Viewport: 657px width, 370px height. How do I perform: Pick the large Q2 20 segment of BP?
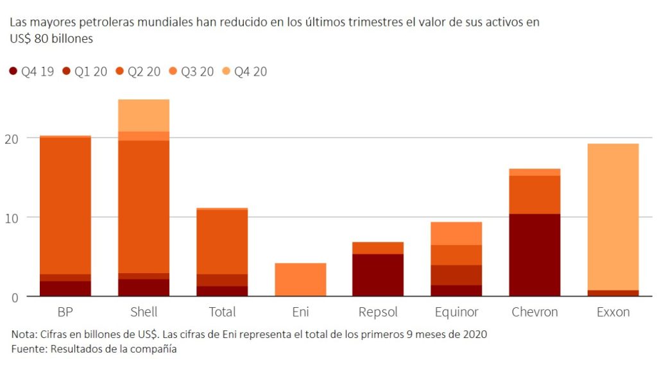(x=65, y=205)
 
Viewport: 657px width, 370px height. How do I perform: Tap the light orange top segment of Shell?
(x=144, y=115)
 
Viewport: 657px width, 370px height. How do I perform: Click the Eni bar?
(x=300, y=280)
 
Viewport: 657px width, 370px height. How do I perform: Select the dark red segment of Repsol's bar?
(x=378, y=275)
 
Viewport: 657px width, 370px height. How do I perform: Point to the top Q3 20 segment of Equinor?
(x=457, y=233)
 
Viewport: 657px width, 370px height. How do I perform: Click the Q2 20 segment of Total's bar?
(x=222, y=242)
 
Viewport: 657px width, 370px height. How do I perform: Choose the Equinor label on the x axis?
(x=457, y=313)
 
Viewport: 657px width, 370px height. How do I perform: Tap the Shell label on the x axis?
(x=144, y=313)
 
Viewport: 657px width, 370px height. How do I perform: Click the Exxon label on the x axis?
(x=613, y=313)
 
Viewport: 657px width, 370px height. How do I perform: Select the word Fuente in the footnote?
(x=28, y=349)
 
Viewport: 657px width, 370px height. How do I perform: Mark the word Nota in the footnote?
(x=24, y=335)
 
